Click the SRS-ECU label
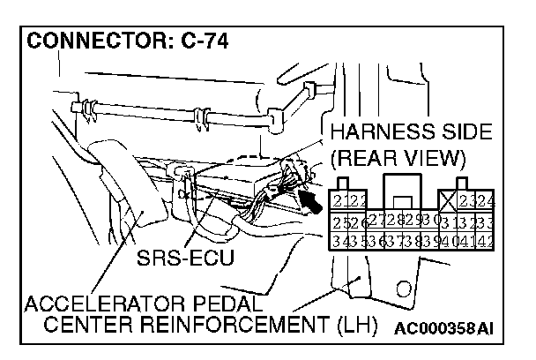pos(184,261)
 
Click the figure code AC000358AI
pos(443,329)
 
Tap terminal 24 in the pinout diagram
pos(486,199)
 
